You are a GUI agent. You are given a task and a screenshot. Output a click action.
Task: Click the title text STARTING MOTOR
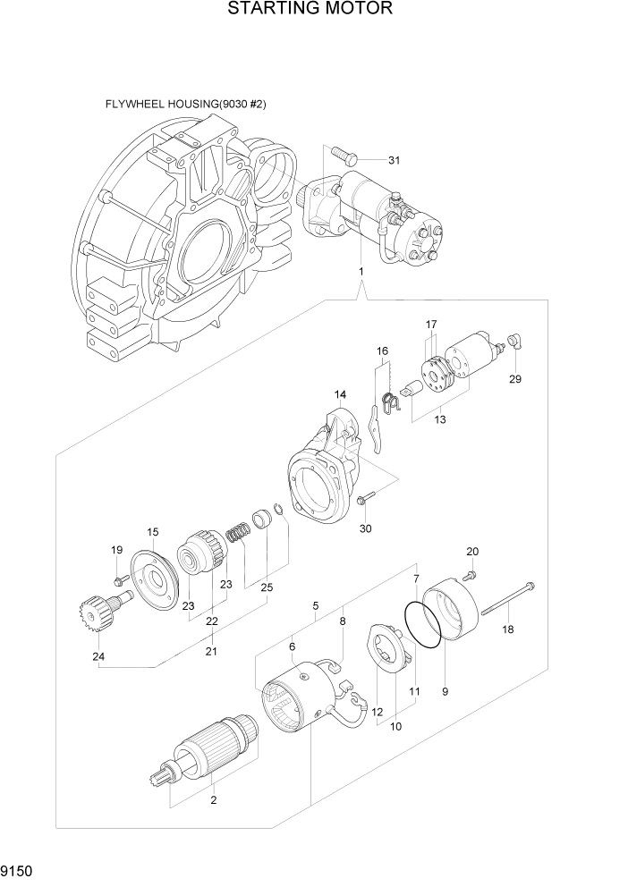310,10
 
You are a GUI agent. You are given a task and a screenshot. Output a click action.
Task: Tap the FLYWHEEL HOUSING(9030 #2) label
185,105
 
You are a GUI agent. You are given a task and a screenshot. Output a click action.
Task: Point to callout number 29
515,378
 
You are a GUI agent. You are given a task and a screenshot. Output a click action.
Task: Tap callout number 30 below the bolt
365,528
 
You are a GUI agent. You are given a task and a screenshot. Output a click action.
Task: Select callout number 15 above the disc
153,532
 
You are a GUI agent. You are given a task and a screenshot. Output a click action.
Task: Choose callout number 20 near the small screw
472,551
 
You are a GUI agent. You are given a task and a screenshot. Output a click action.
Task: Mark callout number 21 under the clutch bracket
211,651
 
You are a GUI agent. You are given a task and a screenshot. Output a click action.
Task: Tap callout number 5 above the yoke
316,605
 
